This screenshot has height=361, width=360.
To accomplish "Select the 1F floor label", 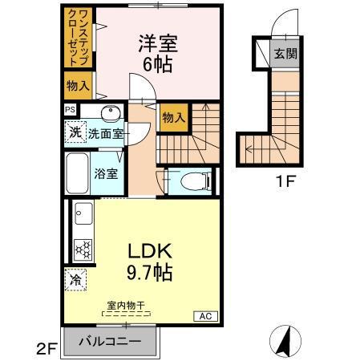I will pos(287,181).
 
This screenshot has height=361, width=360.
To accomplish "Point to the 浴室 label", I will pos(107,172).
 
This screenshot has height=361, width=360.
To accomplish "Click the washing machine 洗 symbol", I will pos(75,132).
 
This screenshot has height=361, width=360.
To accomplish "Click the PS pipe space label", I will pos(71,110).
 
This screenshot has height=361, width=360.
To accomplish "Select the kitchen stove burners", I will pos(83,249).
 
